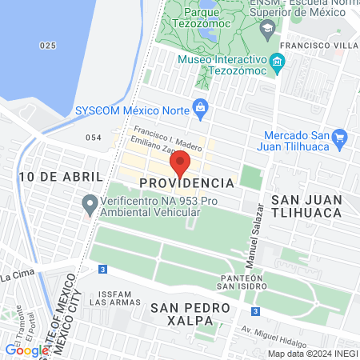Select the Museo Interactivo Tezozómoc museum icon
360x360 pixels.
(x=277, y=62)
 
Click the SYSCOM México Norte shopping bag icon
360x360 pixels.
(x=200, y=108)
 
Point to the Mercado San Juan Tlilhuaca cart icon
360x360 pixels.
(x=339, y=137)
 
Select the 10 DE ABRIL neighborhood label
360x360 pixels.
(x=62, y=176)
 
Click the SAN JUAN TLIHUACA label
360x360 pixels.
(x=306, y=205)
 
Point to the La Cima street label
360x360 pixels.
(x=16, y=277)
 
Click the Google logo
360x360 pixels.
(x=26, y=350)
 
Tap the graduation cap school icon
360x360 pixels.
(x=266, y=27)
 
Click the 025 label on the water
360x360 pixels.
(x=48, y=46)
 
